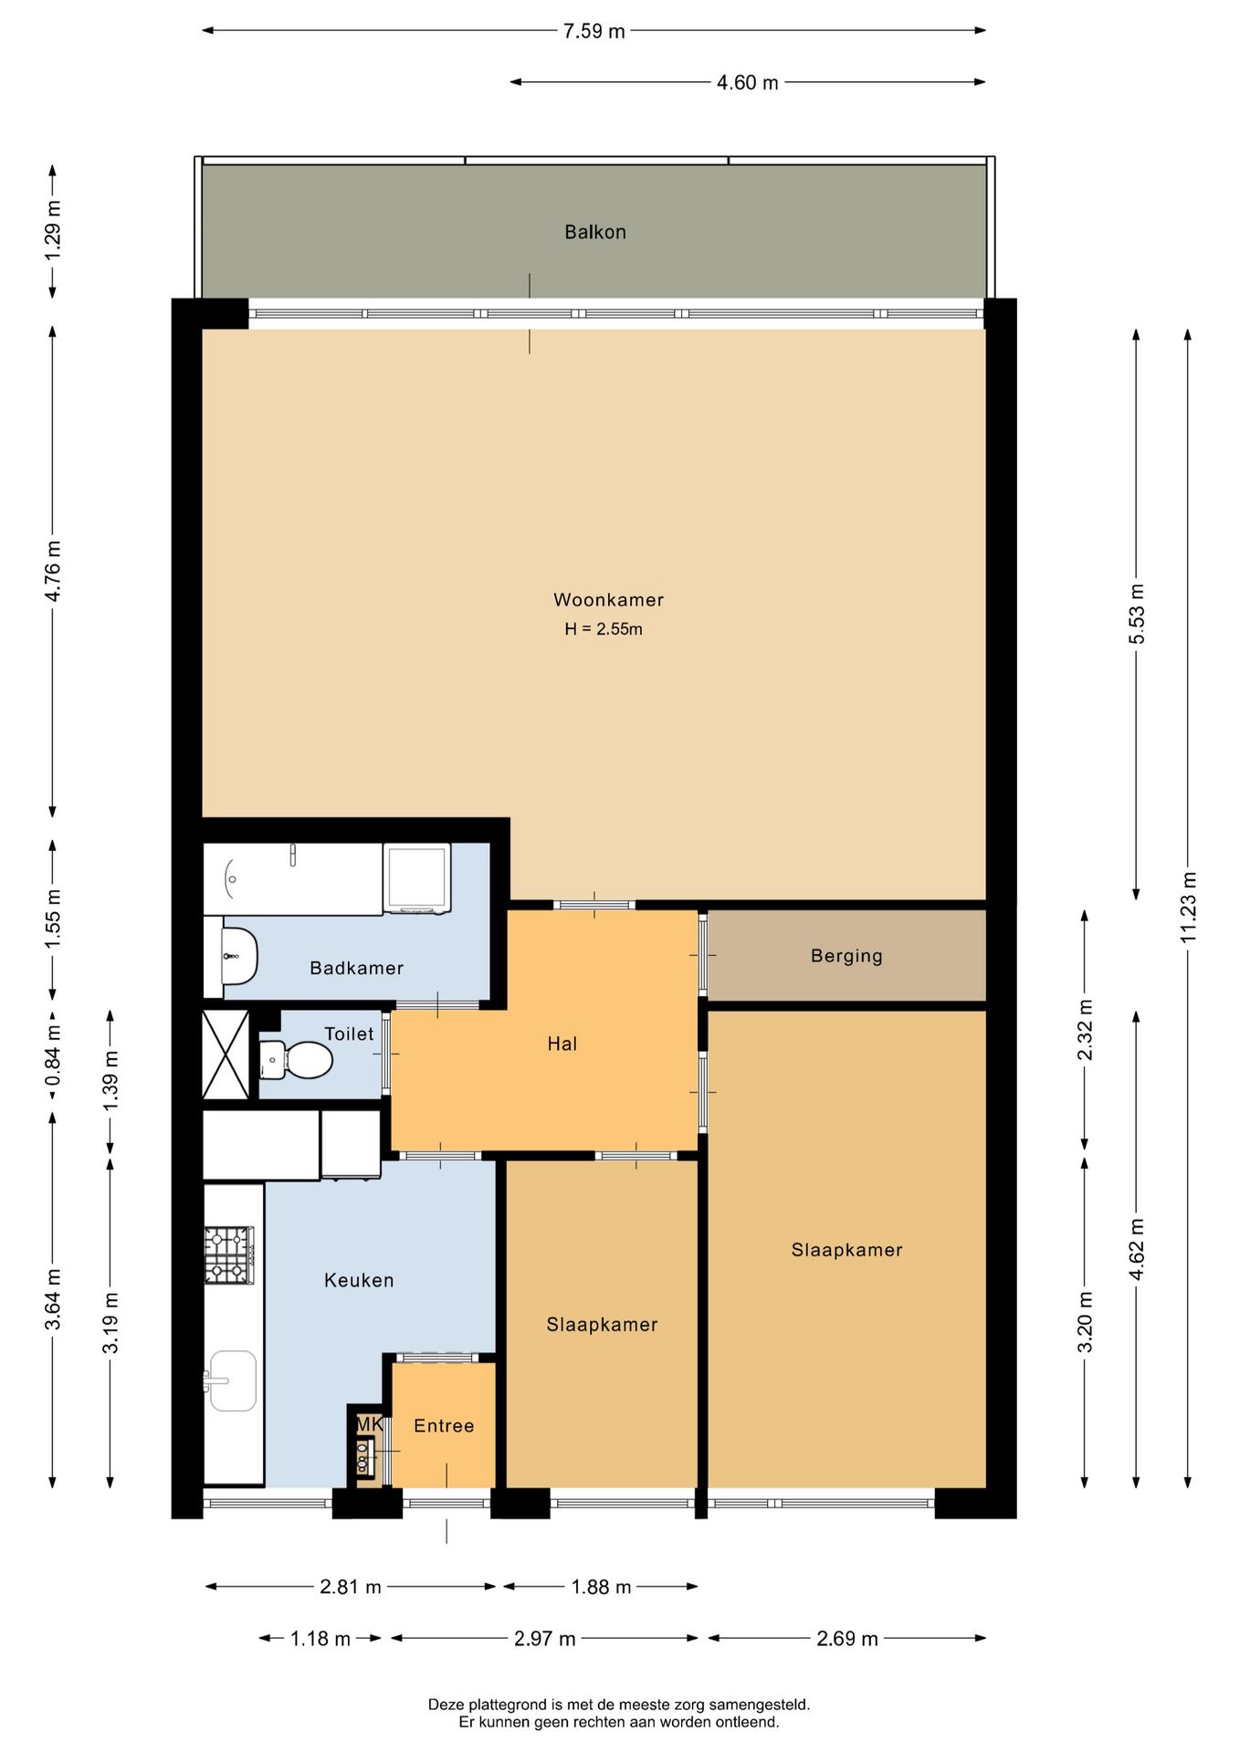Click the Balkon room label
click(594, 232)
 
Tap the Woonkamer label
click(608, 600)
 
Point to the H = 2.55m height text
click(604, 629)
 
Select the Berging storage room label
click(846, 956)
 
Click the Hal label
click(562, 1044)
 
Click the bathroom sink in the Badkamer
click(239, 956)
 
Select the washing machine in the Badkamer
click(417, 878)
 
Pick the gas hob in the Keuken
click(228, 1255)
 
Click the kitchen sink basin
click(232, 1381)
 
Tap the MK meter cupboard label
click(370, 1424)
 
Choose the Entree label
click(444, 1426)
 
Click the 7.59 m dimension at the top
click(594, 31)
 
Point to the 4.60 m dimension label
click(747, 82)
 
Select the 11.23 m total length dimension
click(1188, 908)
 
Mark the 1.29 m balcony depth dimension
click(53, 230)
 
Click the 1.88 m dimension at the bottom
click(601, 1587)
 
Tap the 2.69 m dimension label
click(846, 1638)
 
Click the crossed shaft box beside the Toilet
click(226, 1055)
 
